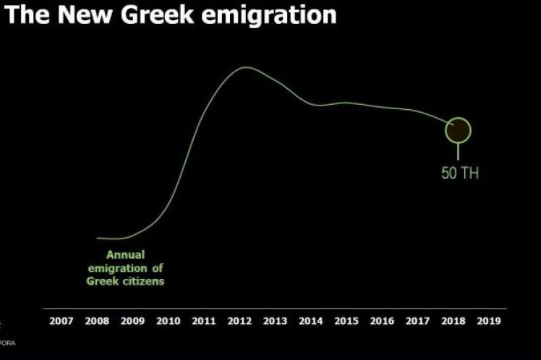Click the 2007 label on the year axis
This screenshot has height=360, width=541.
tap(61, 321)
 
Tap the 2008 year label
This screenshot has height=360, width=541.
tap(97, 321)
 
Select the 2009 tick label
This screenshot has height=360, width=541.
tap(132, 321)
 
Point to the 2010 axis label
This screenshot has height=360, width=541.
tap(168, 321)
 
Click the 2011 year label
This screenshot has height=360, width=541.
tap(204, 321)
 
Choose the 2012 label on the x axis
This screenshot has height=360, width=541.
tap(239, 321)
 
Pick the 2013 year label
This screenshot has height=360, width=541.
tap(275, 321)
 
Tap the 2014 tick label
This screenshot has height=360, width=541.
tap(311, 321)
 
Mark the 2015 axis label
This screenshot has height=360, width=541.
tap(346, 321)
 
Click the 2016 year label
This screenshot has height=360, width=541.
tap(382, 321)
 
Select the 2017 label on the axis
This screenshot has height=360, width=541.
tap(418, 321)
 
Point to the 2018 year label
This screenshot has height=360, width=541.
tap(453, 321)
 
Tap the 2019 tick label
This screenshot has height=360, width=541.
tap(489, 321)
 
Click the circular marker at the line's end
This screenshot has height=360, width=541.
tap(457, 130)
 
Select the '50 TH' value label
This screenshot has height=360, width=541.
tap(460, 173)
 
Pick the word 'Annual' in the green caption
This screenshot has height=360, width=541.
tap(125, 254)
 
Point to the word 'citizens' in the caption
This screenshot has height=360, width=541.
tap(143, 280)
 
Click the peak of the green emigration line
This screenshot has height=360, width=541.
tap(244, 68)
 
